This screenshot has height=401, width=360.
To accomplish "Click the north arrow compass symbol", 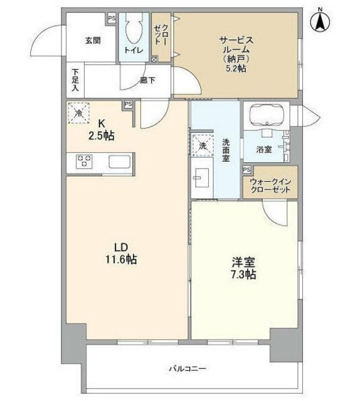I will (x=320, y=22).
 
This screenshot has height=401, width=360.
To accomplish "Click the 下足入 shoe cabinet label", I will (x=75, y=80).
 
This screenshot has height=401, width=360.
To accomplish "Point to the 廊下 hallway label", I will (x=147, y=80).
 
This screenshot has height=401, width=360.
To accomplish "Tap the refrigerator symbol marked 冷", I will (x=78, y=113).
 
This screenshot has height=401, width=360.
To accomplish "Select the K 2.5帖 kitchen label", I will (x=101, y=129).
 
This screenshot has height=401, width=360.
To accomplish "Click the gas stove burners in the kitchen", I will (x=84, y=161).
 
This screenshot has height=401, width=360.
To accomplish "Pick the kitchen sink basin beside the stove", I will (x=119, y=162).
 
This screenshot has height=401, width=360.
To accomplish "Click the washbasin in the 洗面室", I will (x=203, y=177).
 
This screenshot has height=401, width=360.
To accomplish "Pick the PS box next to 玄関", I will (x=112, y=18).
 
